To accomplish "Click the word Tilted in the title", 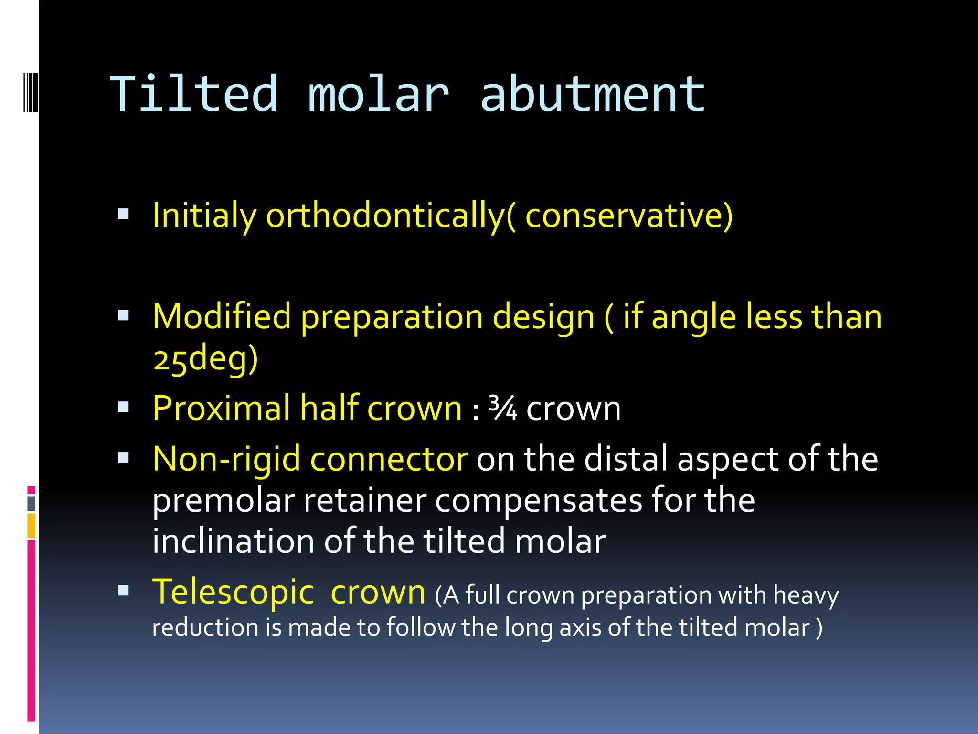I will click(x=193, y=94).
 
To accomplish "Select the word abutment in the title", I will click(x=592, y=94).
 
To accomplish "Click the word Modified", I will click(x=222, y=317).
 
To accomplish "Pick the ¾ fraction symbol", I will click(x=502, y=409).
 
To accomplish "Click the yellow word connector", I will click(x=389, y=459).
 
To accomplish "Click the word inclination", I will click(x=233, y=541).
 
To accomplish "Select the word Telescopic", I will click(x=233, y=593).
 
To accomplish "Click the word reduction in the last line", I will click(x=205, y=627).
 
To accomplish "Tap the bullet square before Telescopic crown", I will click(x=124, y=591).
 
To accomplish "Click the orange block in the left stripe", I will click(x=32, y=526).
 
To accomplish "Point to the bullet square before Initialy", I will click(x=124, y=214).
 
